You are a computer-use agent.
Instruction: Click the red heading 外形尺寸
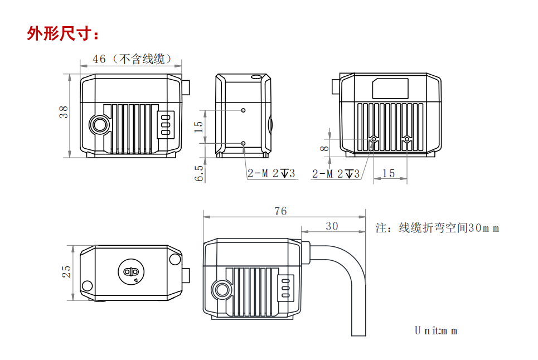(63, 33)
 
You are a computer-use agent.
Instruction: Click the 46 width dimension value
(99, 59)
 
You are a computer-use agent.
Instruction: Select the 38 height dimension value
(65, 112)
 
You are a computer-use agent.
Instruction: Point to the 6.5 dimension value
(200, 172)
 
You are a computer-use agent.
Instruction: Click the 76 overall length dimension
(280, 211)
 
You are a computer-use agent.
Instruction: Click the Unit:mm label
(435, 330)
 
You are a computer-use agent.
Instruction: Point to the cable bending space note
(437, 228)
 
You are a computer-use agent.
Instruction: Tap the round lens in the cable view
(222, 289)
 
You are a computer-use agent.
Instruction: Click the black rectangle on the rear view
(390, 89)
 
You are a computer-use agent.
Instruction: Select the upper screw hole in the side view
(243, 110)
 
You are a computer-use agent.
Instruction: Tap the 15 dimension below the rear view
(389, 173)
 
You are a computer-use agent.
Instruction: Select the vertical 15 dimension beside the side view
(199, 126)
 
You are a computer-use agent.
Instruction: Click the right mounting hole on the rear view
(408, 139)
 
